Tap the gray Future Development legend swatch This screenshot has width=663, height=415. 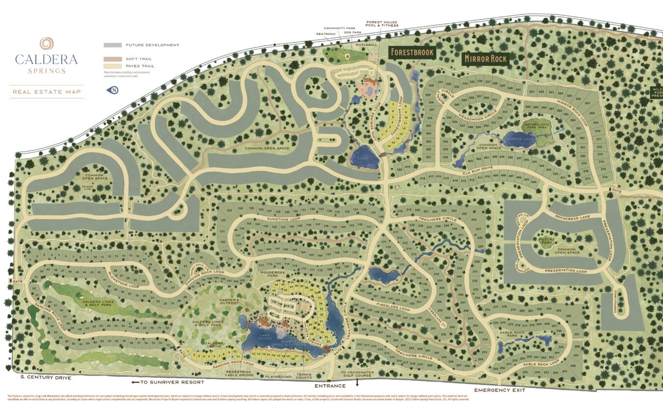(112, 45)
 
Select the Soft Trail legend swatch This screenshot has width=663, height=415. (112, 59)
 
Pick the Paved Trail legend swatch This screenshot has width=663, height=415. (112, 66)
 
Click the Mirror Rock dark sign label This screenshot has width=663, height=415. (485, 59)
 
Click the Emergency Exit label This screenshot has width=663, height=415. (500, 390)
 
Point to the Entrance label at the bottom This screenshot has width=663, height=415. (327, 386)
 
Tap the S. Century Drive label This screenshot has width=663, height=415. (46, 378)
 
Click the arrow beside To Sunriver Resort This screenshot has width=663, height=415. (134, 382)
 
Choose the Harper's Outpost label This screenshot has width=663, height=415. (229, 302)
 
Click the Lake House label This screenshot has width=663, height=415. (265, 337)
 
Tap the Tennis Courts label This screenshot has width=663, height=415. (304, 376)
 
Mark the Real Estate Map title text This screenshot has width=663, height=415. (46, 92)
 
